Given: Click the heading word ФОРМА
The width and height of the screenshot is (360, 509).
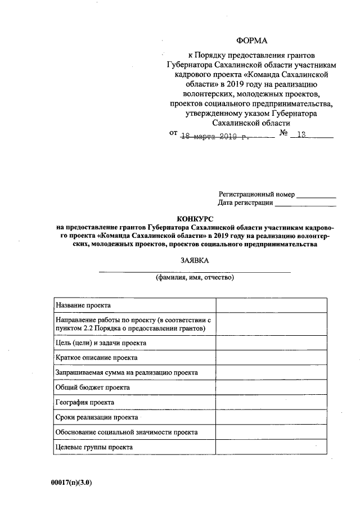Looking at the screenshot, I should pos(252,40).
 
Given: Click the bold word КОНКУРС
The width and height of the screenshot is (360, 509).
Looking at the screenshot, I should pos(196,218).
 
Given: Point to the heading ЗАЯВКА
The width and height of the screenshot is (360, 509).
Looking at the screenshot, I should pos(195,261).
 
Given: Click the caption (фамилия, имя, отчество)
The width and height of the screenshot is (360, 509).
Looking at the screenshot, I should pos(195,278).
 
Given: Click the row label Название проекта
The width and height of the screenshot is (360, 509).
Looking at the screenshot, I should pos(83,305).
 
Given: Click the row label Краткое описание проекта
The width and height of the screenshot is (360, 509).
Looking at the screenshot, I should pos(96,357).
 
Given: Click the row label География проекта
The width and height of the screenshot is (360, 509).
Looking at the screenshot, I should pos(85,403).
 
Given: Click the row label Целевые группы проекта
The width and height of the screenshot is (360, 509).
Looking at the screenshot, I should pos(94,447).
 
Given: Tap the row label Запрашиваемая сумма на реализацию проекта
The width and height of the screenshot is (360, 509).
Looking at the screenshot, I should pos(127,372).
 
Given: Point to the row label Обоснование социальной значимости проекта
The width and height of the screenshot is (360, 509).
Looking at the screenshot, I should pos(127,433).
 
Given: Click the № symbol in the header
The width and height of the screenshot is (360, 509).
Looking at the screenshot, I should pos(284,134).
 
